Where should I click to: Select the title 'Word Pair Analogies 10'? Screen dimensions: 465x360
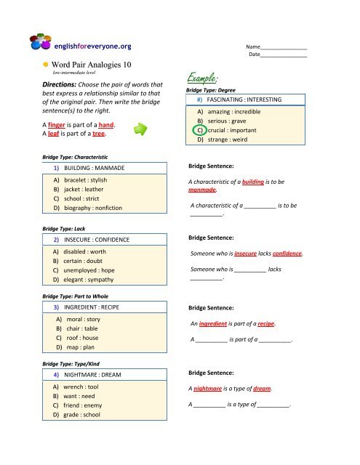click(93, 64)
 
